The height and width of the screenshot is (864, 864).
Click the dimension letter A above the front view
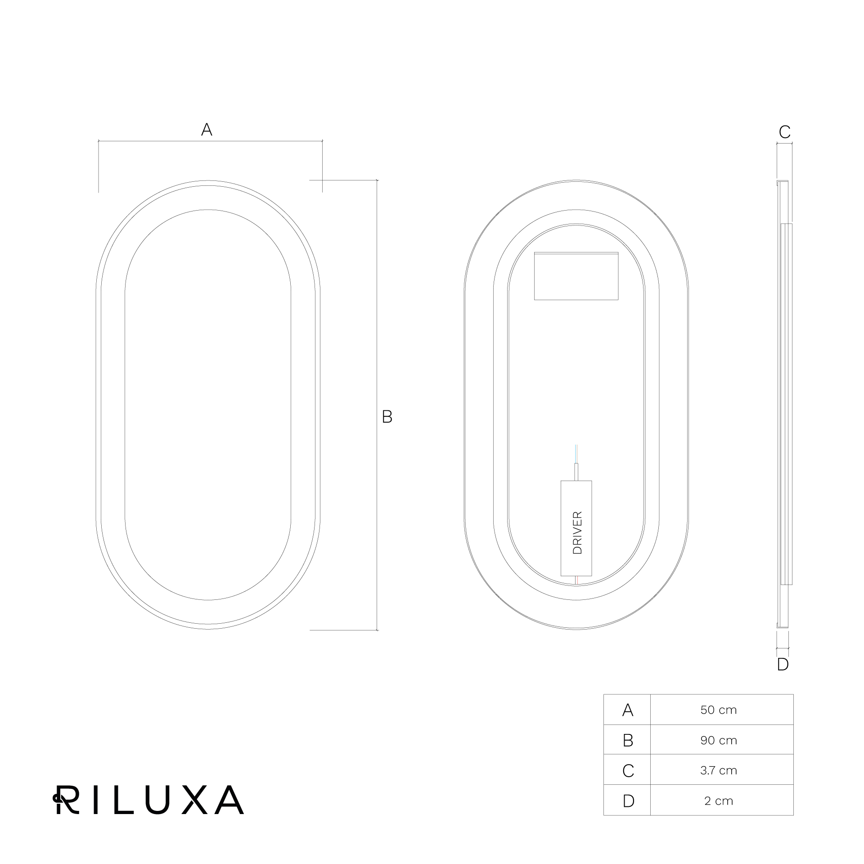pos(207,130)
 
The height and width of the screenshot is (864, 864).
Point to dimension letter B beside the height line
pos(387,417)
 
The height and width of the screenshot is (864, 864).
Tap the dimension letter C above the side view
pos(784,132)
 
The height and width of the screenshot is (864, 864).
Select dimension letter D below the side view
pos(783,664)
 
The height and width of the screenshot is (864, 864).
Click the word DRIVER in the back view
pos(577,532)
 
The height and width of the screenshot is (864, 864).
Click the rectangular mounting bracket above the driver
pos(576,276)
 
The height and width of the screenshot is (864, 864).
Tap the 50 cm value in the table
pos(719,710)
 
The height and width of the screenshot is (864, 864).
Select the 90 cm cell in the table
pos(719,740)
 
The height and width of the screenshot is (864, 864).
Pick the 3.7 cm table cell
pos(719,770)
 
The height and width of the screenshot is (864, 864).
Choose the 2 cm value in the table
pos(719,801)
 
